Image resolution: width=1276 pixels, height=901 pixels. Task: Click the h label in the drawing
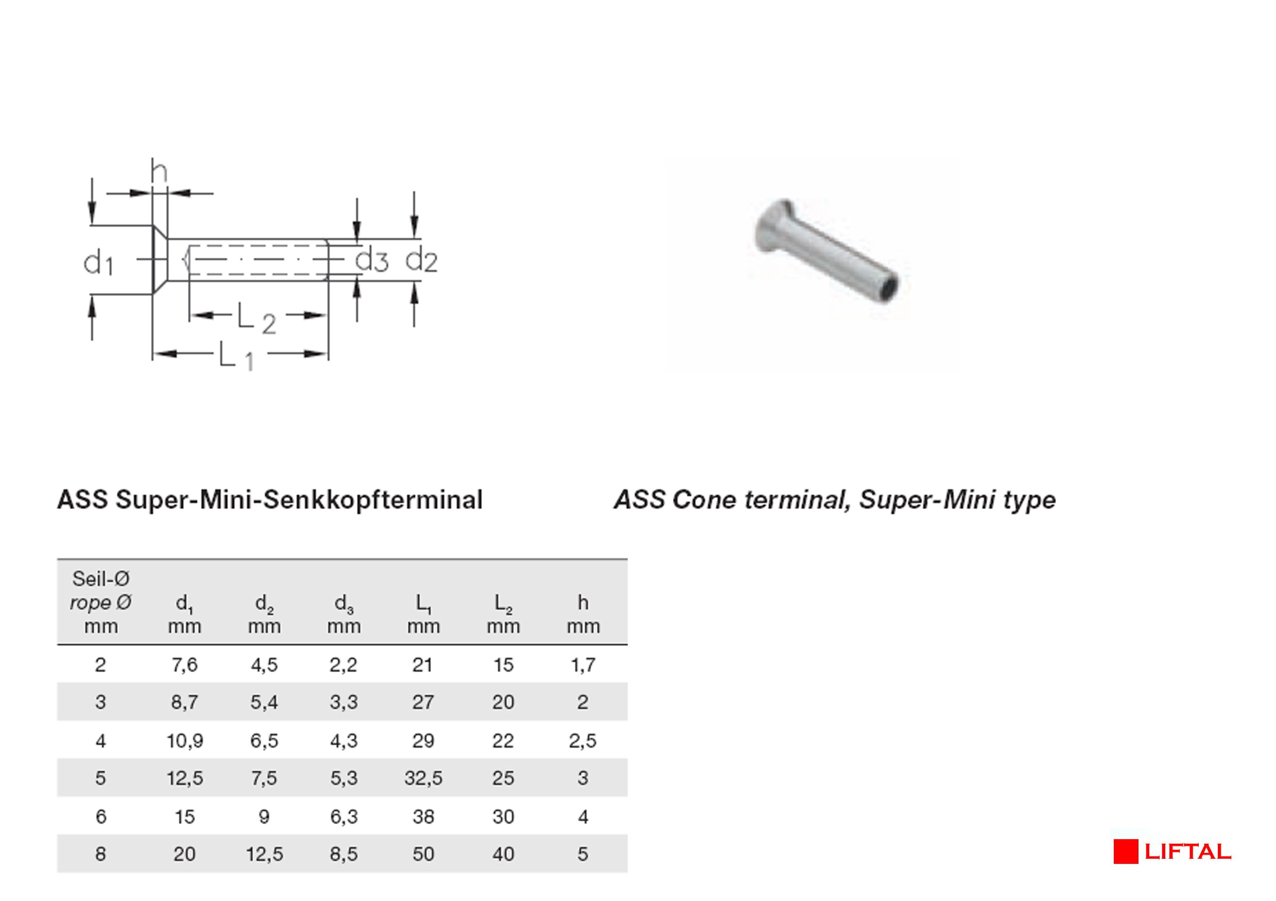click(159, 172)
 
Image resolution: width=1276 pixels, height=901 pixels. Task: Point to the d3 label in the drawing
click(371, 260)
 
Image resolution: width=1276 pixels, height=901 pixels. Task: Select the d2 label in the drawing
click(421, 260)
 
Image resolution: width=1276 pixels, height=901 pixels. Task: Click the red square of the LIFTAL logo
click(1126, 852)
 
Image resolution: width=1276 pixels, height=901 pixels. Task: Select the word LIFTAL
click(1187, 852)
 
